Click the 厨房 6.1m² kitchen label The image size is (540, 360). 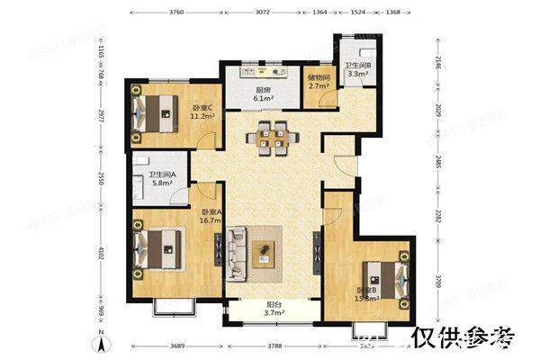[x=264, y=95]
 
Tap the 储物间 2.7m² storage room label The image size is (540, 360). [x=319, y=82]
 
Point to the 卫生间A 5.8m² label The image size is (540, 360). [x=162, y=179]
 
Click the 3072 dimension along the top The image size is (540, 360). [x=262, y=13]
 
